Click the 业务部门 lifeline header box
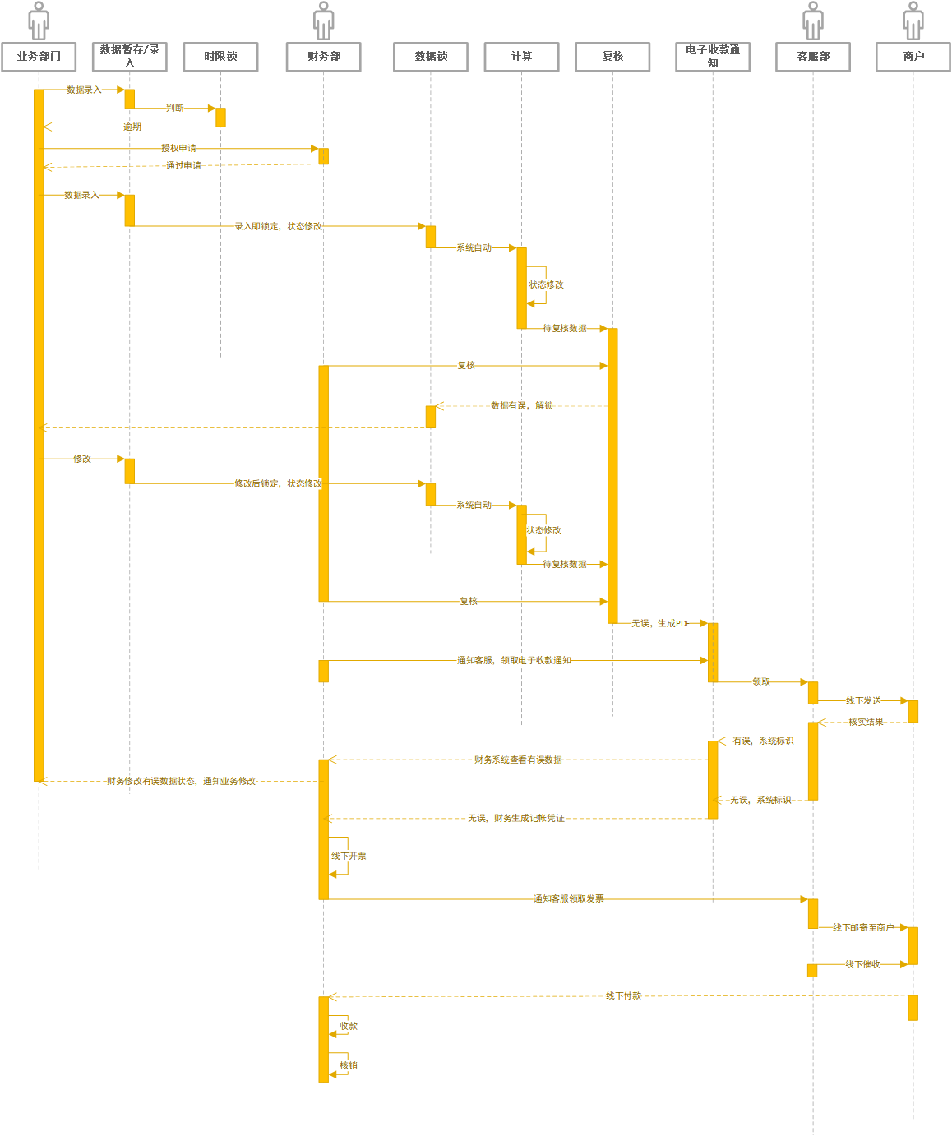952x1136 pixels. click(39, 57)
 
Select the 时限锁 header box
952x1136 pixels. click(220, 57)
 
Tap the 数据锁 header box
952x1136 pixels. click(431, 57)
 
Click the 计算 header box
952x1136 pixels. click(521, 57)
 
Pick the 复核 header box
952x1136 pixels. click(612, 57)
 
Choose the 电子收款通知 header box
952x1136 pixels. click(713, 57)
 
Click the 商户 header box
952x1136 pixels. click(913, 57)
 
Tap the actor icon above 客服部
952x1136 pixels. click(813, 21)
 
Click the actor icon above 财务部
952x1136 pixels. click(324, 21)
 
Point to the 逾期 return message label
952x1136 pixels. click(132, 127)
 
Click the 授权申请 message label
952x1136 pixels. click(178, 149)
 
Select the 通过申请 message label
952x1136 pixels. click(183, 166)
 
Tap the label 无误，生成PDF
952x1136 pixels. click(661, 624)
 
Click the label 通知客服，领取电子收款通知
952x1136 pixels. click(514, 661)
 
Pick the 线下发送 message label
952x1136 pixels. click(863, 701)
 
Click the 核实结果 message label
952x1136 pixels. click(866, 723)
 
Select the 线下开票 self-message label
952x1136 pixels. click(349, 857)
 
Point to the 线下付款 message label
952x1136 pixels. click(623, 996)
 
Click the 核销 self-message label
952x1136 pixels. click(349, 1066)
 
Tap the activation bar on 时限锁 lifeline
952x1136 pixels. click(220, 118)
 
